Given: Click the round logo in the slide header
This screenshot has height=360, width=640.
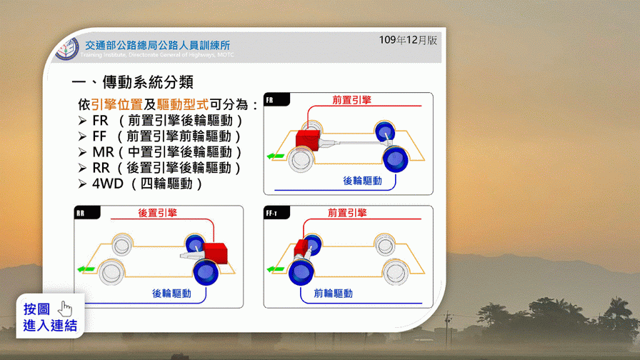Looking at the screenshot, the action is coord(67,49).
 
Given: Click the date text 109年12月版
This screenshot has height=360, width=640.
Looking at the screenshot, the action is coord(408,40).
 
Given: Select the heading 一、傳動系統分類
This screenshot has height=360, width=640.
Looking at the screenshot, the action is coord(132,82).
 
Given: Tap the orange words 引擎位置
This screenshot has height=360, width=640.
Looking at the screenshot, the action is coord(116,104).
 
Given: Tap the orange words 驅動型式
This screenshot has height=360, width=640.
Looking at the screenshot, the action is coord(182,104).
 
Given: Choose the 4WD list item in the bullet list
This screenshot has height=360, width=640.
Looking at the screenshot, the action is coord(141,184).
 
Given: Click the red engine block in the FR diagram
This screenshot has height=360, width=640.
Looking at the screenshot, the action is coord(307,140).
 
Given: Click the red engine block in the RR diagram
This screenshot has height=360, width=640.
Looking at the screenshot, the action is coord(215,253).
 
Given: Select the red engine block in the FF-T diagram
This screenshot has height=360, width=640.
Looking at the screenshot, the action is coord(301,247).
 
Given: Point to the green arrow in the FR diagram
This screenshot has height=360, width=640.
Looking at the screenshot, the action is coord(276,156).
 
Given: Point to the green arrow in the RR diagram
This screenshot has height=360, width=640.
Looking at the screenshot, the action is coord(86,269).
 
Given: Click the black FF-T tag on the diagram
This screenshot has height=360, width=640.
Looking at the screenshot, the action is coord(276,213).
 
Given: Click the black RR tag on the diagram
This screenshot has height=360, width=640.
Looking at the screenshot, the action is coord(87,213).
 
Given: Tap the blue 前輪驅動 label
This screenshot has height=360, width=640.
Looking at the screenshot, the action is coord(333,294).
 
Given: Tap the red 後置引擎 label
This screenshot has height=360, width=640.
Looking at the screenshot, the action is coord(158,213).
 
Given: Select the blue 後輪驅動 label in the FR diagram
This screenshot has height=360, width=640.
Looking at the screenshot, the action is coord(362,181).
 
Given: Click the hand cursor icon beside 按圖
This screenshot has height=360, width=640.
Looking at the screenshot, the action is coord(64,309).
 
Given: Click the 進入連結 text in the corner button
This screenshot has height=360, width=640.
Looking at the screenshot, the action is coord(50,326).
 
